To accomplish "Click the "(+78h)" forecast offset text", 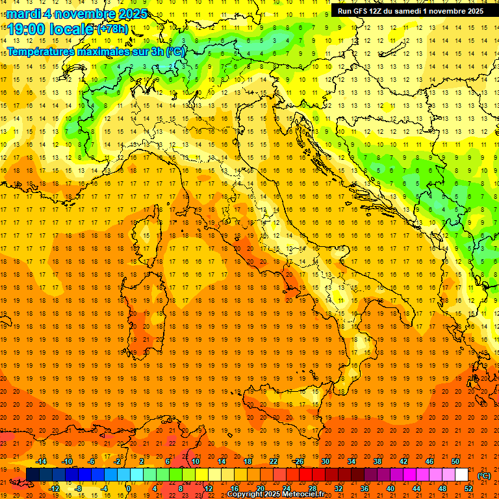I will click(x=112, y=29).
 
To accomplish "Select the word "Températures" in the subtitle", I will click(x=40, y=51).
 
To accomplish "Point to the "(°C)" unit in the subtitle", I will click(x=176, y=51).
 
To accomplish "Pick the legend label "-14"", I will click(x=41, y=461).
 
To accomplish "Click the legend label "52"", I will click(x=468, y=489).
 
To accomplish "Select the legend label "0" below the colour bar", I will click(x=129, y=489).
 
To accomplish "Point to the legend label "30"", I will click(x=326, y=461).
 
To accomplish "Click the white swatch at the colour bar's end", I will click(x=462, y=475).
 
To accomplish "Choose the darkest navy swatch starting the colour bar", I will click(x=32, y=475).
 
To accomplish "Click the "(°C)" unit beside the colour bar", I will click(x=484, y=475).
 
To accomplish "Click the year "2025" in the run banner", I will click(x=474, y=10).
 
